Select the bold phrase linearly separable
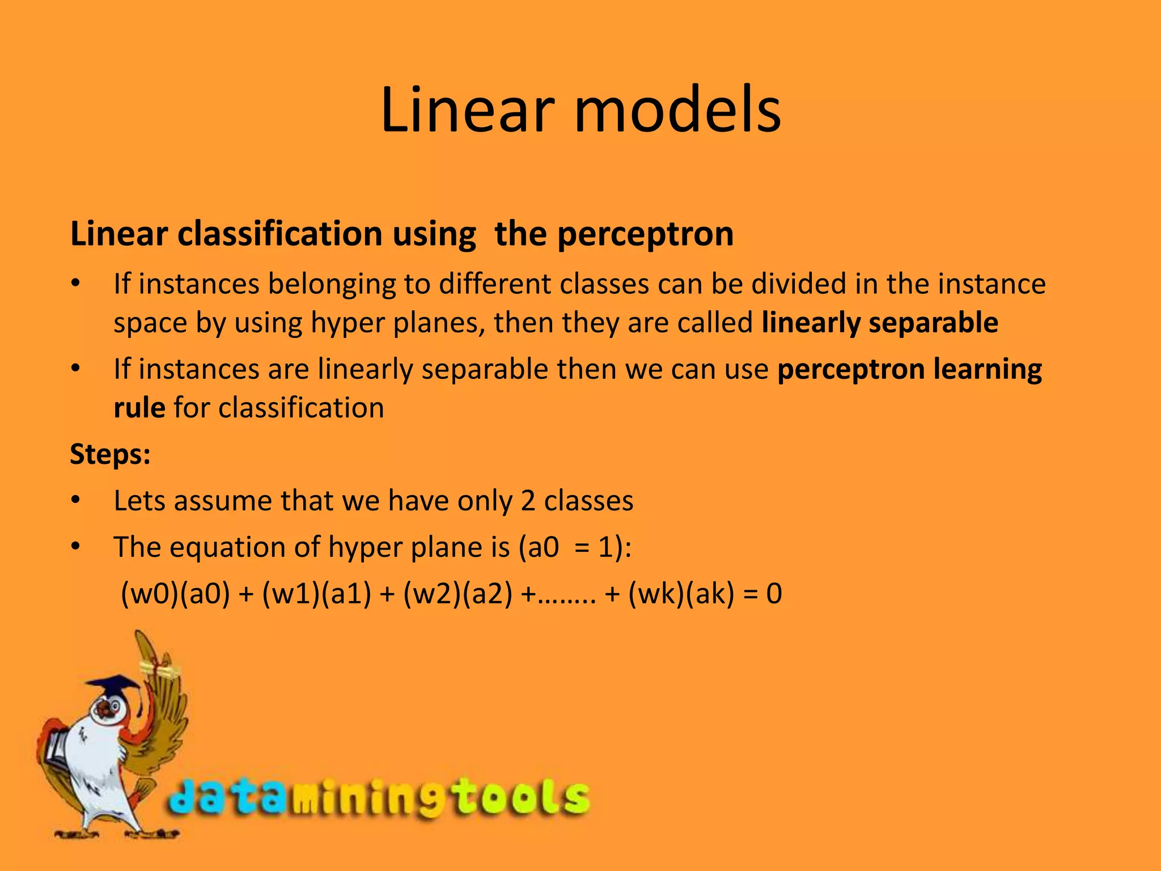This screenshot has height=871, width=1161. pos(879,323)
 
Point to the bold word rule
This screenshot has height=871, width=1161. pos(139,408)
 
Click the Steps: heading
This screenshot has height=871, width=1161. pos(111,454)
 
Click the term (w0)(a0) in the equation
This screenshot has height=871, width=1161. pos(176,594)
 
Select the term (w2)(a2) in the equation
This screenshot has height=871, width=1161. pos(457,594)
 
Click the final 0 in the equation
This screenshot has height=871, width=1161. pos(774,594)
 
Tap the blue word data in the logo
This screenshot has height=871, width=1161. pos(227,797)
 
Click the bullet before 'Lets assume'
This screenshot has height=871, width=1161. pos(76,501)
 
